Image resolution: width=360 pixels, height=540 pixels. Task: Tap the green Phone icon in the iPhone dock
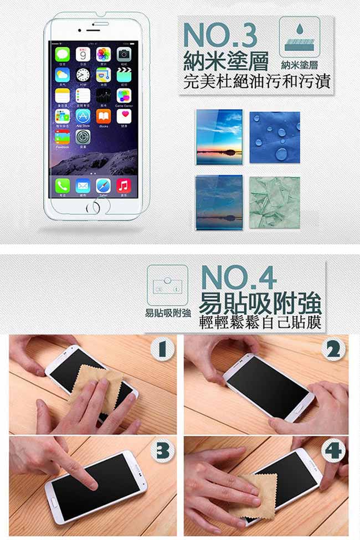click(x=62, y=186)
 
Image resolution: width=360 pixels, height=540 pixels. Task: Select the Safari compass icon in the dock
click(x=104, y=186)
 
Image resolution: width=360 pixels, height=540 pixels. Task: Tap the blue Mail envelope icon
click(x=83, y=186)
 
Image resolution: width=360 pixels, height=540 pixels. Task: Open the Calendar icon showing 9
click(x=83, y=54)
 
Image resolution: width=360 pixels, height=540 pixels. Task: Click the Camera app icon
click(x=124, y=54)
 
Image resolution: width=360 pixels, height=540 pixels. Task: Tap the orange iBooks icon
click(x=104, y=116)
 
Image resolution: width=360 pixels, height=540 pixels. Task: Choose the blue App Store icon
click(x=83, y=116)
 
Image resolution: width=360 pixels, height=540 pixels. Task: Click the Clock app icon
click(x=83, y=75)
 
